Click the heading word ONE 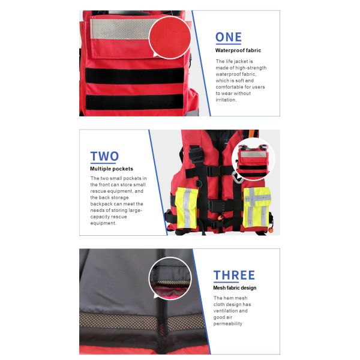(x=229, y=37)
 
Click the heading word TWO (x=104, y=157)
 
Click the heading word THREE (x=234, y=276)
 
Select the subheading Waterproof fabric (x=238, y=51)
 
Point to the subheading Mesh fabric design (x=235, y=288)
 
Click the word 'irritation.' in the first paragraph (x=227, y=100)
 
